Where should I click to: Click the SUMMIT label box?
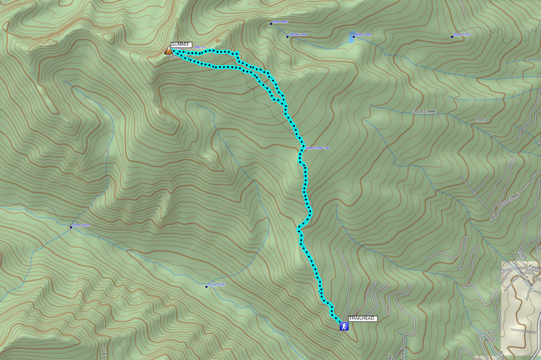[x=180, y=44]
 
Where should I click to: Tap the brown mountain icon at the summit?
[x=167, y=51]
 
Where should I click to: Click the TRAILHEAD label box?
[x=362, y=317]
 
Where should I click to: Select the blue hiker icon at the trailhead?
[x=343, y=326]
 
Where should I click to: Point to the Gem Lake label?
[x=281, y=22]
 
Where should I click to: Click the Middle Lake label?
[x=299, y=35]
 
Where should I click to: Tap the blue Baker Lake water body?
[x=352, y=38]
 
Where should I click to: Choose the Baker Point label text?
[x=462, y=35]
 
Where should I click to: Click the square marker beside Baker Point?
[x=452, y=37]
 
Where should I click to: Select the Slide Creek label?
[x=81, y=225]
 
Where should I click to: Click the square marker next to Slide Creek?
[x=71, y=227]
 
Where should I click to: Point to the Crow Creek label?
[x=216, y=284]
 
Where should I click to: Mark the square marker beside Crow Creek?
[x=206, y=286]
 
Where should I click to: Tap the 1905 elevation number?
[x=479, y=120]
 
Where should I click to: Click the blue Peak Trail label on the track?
[x=319, y=147]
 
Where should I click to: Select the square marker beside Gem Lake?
[x=271, y=23]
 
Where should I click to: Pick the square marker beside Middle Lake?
[x=287, y=36]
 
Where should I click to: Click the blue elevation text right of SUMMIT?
[x=201, y=47]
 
